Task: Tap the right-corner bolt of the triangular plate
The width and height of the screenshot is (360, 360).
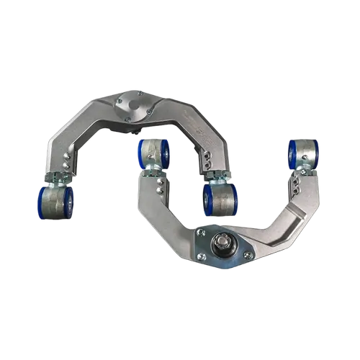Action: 248,255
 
